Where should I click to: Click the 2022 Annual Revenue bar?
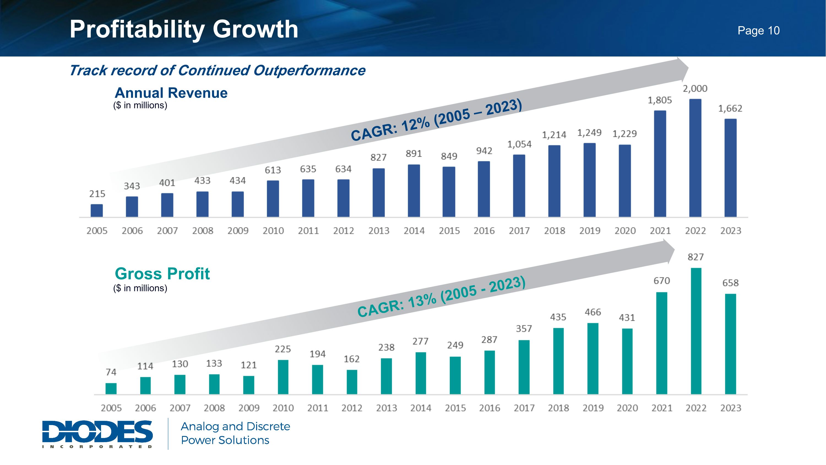point(695,158)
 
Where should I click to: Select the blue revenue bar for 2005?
point(97,211)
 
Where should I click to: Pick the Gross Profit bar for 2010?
point(283,377)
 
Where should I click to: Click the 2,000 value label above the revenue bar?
point(695,88)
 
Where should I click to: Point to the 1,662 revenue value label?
point(730,109)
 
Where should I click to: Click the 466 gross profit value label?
point(593,312)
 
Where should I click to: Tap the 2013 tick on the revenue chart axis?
point(379,231)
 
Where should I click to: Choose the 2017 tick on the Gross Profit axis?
point(524,408)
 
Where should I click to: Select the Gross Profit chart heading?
point(162,274)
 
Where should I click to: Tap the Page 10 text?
point(758,31)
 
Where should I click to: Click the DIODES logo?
point(97,434)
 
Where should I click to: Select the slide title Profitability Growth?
point(184,29)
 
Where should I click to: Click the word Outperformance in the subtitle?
point(309,70)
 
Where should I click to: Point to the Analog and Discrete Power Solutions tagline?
point(235,433)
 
